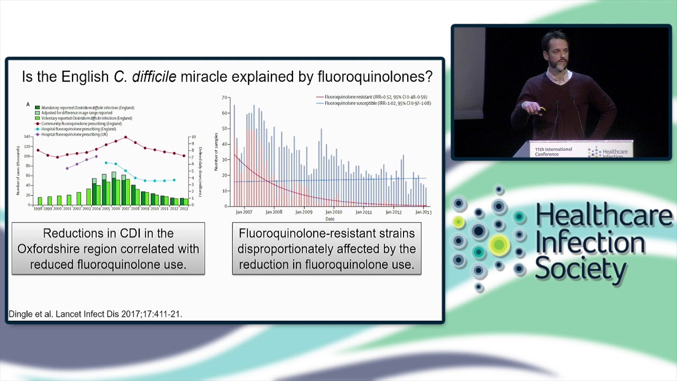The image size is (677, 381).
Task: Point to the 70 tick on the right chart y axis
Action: pos(225,98)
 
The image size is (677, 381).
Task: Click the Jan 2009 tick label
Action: pos(304,212)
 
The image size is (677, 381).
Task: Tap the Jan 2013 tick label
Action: pos(423,212)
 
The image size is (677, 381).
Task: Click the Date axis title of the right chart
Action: pos(330,219)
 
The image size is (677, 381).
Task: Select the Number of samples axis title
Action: pos(216,151)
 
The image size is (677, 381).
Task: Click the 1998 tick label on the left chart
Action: pos(39,209)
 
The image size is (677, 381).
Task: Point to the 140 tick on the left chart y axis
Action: pos(28,137)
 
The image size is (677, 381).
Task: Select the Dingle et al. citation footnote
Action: pos(96,314)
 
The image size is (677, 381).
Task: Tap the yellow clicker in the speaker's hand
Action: pos(541,110)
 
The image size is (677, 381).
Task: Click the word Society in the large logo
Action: pos(580,269)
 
